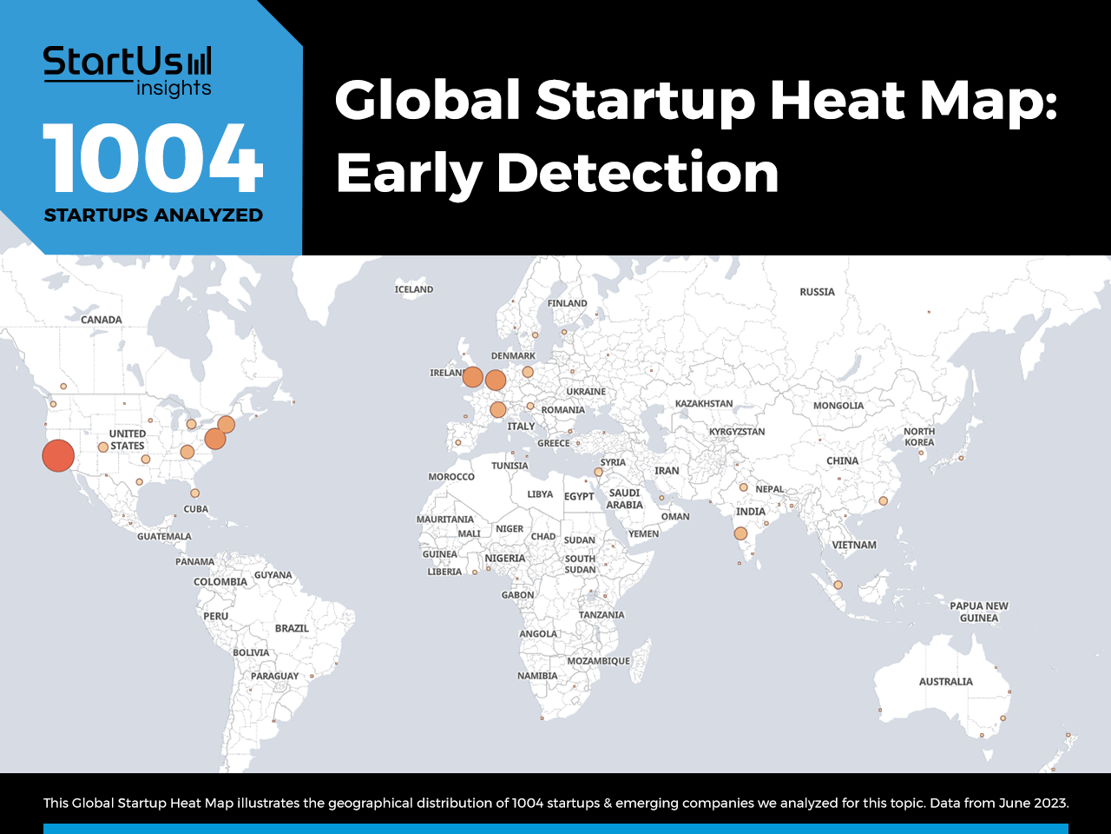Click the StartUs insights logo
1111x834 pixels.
(x=128, y=71)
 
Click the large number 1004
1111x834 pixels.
(x=153, y=158)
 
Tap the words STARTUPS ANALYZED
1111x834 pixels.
(x=154, y=215)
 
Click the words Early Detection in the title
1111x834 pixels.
(x=556, y=173)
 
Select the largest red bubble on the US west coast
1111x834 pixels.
(x=58, y=456)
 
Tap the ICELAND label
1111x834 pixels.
(x=414, y=289)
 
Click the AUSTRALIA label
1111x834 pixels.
(x=946, y=682)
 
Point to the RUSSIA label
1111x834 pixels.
(x=817, y=292)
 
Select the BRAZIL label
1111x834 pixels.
(x=292, y=628)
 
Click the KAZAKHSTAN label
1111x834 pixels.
(x=704, y=404)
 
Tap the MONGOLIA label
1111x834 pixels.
(x=838, y=406)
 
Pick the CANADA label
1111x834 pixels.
(x=102, y=320)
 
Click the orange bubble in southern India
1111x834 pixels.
(x=740, y=533)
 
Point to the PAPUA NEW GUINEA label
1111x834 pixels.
(x=979, y=612)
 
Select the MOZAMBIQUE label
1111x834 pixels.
(x=598, y=661)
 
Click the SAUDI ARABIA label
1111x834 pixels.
(x=625, y=499)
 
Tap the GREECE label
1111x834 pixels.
(x=554, y=443)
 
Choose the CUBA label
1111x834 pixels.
(x=196, y=509)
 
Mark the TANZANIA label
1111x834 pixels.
(x=602, y=615)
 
